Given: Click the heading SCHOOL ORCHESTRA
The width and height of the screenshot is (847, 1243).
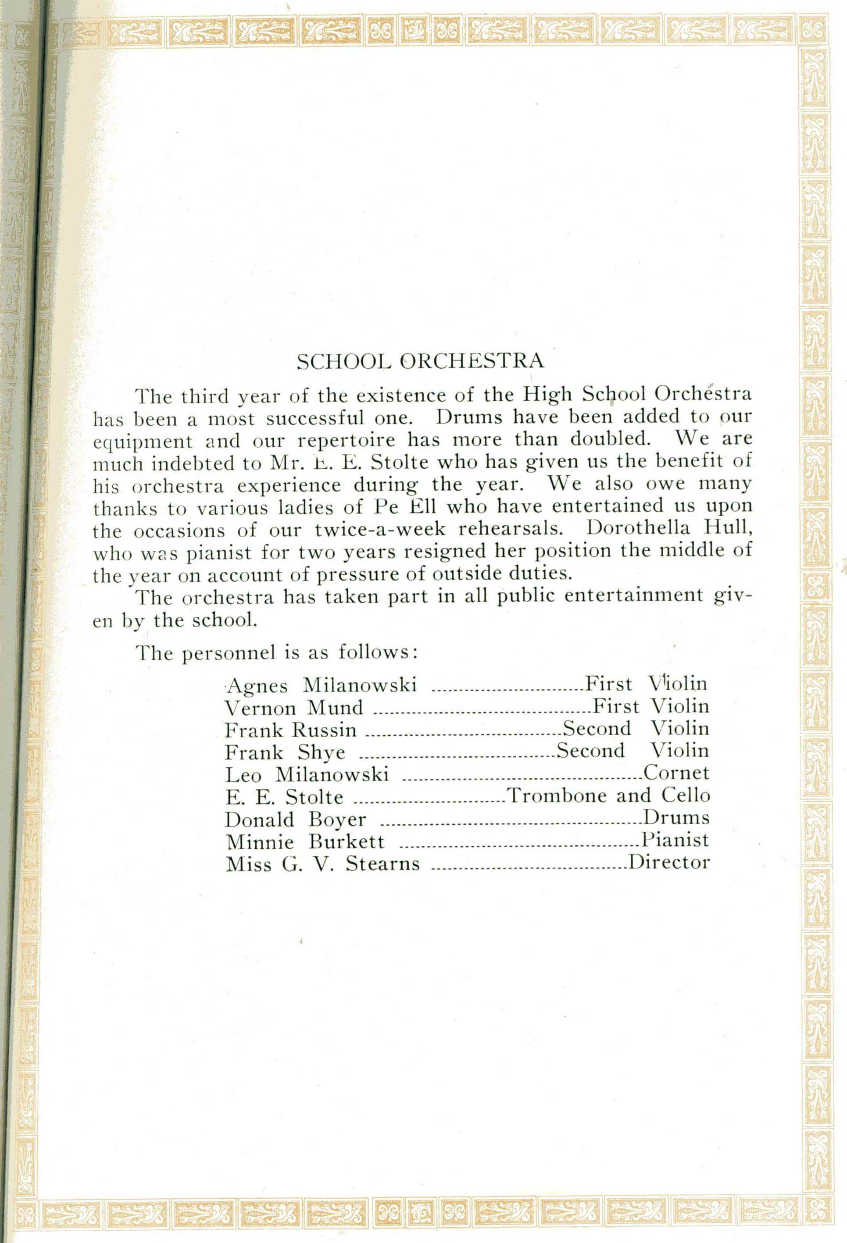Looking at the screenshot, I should click(x=420, y=362).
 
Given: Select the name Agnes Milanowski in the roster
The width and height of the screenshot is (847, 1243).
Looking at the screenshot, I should click(x=321, y=685).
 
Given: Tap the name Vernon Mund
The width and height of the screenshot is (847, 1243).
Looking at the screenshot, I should click(x=294, y=708).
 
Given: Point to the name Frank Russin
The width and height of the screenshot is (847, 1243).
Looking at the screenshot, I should click(x=290, y=730).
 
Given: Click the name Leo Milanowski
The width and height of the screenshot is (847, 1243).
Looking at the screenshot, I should click(x=307, y=775).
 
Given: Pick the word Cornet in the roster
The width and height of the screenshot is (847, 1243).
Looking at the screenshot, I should click(x=676, y=773).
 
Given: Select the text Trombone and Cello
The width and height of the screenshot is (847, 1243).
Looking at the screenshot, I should click(x=608, y=796).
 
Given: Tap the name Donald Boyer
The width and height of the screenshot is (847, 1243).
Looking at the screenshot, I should click(x=295, y=819).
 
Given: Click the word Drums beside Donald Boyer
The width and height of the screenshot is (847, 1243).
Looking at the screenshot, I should click(x=676, y=818).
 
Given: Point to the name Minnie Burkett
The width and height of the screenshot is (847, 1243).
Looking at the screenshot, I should click(x=304, y=842).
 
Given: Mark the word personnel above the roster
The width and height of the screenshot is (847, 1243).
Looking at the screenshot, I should click(x=230, y=654).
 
